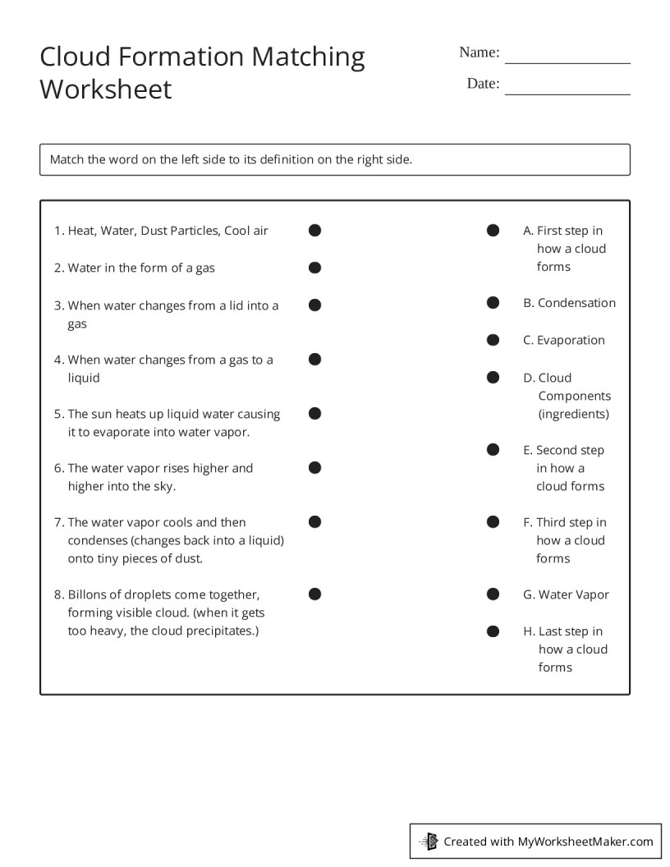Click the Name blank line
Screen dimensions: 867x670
pos(567,61)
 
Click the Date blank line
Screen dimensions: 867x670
pos(567,92)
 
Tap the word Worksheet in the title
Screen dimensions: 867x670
pos(106,89)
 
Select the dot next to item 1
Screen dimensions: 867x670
pos(314,231)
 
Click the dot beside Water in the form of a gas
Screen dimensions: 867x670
pos(314,268)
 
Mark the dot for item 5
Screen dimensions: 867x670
pos(314,414)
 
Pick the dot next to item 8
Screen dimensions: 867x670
pos(314,594)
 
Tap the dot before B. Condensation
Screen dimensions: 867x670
pos(493,303)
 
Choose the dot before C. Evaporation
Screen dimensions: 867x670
pos(493,340)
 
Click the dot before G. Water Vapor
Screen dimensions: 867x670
pos(493,594)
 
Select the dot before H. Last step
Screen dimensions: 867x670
pos(493,631)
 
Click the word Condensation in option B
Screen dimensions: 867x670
pos(576,303)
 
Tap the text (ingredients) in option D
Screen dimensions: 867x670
pos(574,414)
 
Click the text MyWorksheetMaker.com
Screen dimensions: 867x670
pos(585,841)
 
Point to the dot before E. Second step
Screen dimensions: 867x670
pos(493,450)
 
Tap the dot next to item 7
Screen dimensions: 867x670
pos(314,522)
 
